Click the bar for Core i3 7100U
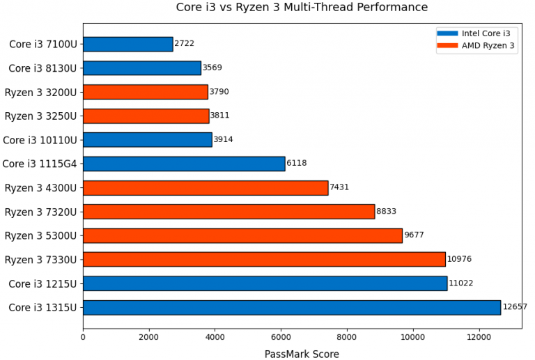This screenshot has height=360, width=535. click(x=127, y=44)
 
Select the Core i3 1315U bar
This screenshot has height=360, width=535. click(x=291, y=307)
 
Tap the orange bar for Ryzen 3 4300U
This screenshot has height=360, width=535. click(x=206, y=187)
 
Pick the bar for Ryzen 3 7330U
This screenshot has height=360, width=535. click(x=264, y=259)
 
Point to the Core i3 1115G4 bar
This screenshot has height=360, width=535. click(x=184, y=164)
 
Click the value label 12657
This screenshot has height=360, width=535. click(x=515, y=307)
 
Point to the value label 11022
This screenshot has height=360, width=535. click(x=460, y=283)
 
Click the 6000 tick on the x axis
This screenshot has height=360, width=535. click(x=281, y=337)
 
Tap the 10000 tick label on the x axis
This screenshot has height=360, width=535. click(x=413, y=337)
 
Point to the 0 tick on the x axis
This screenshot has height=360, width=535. click(x=83, y=337)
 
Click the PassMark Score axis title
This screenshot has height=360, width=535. click(x=302, y=354)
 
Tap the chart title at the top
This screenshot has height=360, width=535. click(x=302, y=8)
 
